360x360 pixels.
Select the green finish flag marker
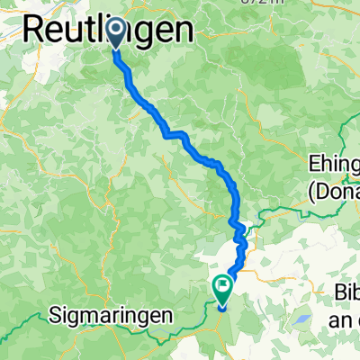tap(222, 288)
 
